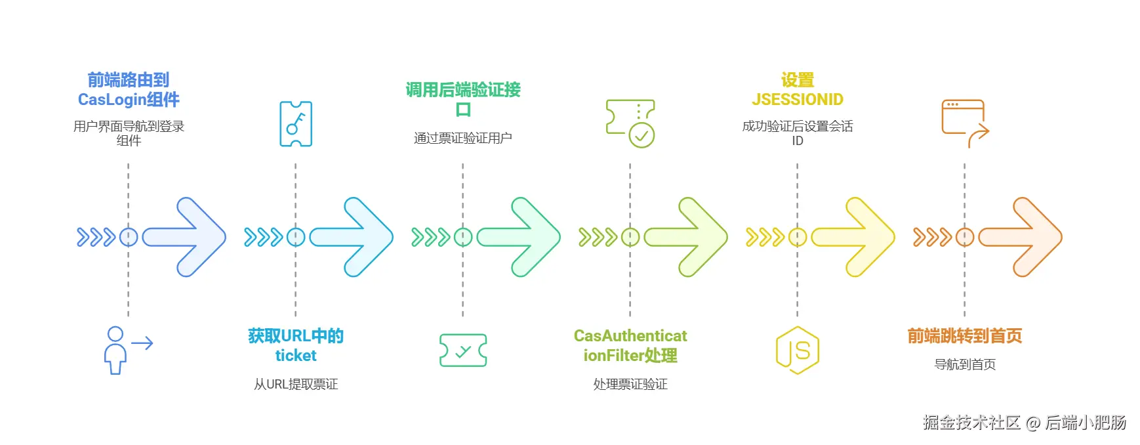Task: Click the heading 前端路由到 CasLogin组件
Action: [129, 90]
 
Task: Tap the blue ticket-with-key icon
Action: [296, 124]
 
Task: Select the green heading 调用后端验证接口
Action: [463, 99]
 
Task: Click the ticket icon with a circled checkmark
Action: [630, 123]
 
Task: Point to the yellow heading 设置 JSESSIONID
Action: [798, 90]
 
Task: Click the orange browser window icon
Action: [965, 123]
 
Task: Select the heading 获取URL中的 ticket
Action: [296, 346]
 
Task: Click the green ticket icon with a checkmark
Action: [463, 350]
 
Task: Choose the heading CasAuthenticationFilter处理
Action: [630, 346]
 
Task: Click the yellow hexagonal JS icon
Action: [798, 350]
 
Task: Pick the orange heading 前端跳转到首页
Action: [965, 336]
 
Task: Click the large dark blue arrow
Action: [186, 237]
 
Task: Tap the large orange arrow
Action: [1021, 237]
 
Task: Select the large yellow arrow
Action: [854, 237]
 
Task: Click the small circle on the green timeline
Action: [463, 237]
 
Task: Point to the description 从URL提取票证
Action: [296, 384]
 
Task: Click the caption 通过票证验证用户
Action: [463, 138]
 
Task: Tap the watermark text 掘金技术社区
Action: [971, 423]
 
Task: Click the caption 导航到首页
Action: [965, 364]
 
